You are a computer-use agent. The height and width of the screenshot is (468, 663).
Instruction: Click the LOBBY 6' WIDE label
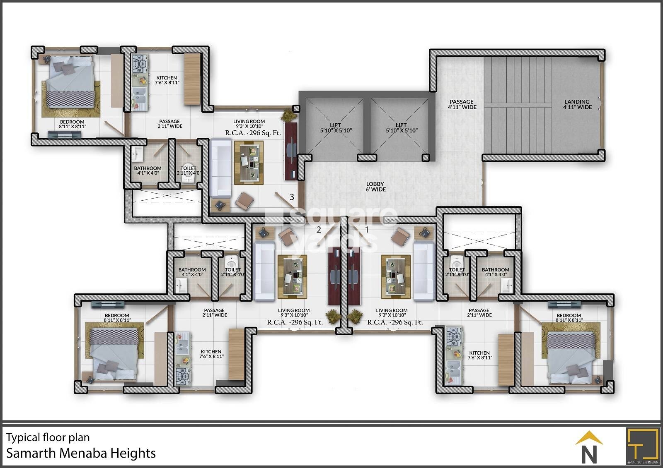pos(375,187)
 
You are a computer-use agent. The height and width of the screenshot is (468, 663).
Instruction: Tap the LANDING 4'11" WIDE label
pos(577,104)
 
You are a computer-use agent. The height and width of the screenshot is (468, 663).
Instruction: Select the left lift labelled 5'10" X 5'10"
pos(335,127)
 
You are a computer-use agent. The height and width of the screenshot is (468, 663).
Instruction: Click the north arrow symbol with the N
pos(589,448)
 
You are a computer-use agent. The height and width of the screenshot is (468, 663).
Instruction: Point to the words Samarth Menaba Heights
pos(81,453)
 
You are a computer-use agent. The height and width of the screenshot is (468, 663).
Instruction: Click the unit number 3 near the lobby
pos(292,197)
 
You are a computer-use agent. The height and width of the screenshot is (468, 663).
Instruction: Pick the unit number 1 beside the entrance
pos(366,229)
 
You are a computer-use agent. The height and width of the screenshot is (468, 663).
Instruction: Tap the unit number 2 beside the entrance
pos(319,230)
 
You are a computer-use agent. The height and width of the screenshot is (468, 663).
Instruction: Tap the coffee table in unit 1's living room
pos(396,276)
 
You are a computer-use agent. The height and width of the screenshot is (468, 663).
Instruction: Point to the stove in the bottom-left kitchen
pos(182,375)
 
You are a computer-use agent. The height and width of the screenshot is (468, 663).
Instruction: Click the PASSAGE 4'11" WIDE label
pos(462,104)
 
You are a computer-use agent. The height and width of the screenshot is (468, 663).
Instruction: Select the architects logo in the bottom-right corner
pos(642,446)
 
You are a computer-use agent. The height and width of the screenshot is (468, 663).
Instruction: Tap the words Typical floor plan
pos(48,437)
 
